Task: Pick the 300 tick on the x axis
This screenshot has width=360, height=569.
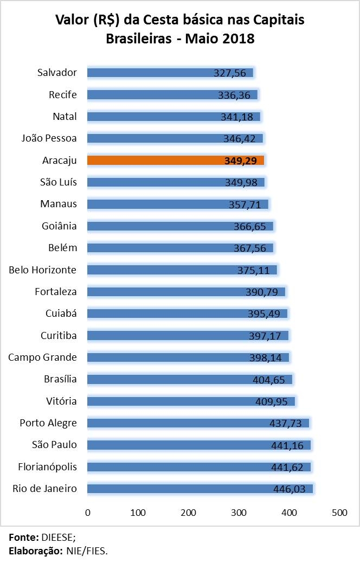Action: (239, 512)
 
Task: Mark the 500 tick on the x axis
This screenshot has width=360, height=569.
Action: (340, 512)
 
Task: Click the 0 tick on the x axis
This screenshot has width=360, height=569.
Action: (87, 512)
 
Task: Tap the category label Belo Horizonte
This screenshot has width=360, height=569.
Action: (43, 270)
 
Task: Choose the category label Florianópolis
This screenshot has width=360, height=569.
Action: (47, 466)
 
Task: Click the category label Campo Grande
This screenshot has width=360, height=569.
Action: (43, 357)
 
